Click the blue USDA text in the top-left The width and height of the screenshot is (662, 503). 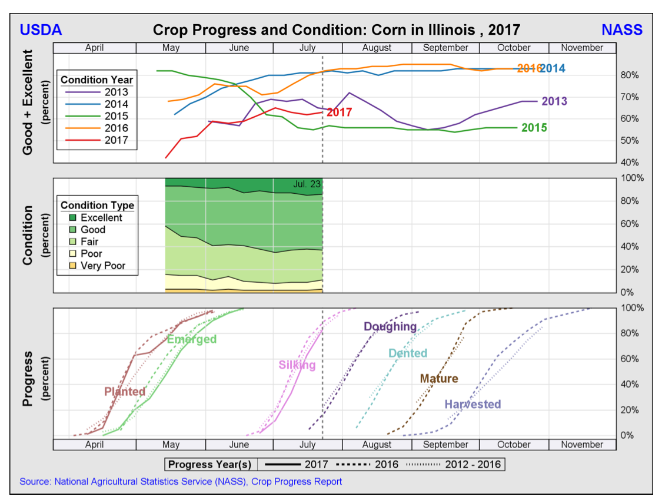pyautogui.click(x=41, y=30)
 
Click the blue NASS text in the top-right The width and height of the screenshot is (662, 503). pyautogui.click(x=621, y=30)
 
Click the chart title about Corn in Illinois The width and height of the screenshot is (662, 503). pyautogui.click(x=336, y=30)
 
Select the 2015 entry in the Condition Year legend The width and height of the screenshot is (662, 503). pyautogui.click(x=115, y=116)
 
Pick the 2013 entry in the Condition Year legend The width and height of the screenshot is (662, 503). pyautogui.click(x=115, y=92)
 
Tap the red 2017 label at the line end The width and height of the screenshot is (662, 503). pyautogui.click(x=339, y=112)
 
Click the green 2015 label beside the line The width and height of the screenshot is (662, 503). pyautogui.click(x=534, y=128)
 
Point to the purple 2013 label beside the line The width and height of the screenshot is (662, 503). pyautogui.click(x=554, y=101)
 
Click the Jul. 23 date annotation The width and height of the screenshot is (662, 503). pyautogui.click(x=307, y=184)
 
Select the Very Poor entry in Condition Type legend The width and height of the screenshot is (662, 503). pyautogui.click(x=102, y=266)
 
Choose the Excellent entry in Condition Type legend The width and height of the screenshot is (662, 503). pyautogui.click(x=101, y=217)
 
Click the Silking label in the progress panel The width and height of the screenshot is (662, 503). pyautogui.click(x=297, y=365)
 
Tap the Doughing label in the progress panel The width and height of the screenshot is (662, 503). pyautogui.click(x=390, y=326)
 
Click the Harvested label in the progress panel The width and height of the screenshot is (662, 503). pyautogui.click(x=473, y=404)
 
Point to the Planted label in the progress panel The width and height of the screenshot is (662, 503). pyautogui.click(x=125, y=392)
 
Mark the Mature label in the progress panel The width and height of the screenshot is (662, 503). pyautogui.click(x=438, y=379)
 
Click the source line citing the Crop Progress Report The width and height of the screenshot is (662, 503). pyautogui.click(x=181, y=481)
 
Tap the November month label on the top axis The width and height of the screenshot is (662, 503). pyautogui.click(x=581, y=48)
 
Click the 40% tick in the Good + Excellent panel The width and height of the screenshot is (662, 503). pyautogui.click(x=627, y=163)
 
